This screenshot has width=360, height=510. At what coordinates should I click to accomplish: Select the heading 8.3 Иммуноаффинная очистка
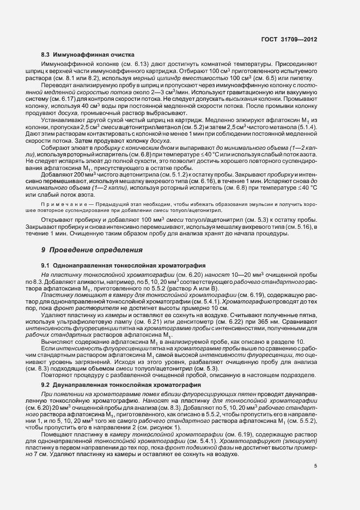click(x=84, y=55)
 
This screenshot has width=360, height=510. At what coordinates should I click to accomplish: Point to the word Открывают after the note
click(x=58, y=218)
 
